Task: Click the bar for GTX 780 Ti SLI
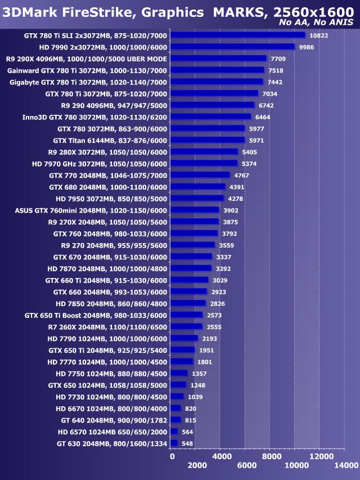tap(237, 35)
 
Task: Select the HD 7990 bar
tap(232, 47)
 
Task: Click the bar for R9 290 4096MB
tap(212, 105)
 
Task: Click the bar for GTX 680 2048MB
tap(197, 187)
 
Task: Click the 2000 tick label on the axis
tap(197, 465)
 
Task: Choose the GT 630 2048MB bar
tap(174, 443)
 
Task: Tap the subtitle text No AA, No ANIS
tap(319, 23)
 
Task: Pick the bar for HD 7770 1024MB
tap(182, 361)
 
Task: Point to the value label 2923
tap(219, 292)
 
